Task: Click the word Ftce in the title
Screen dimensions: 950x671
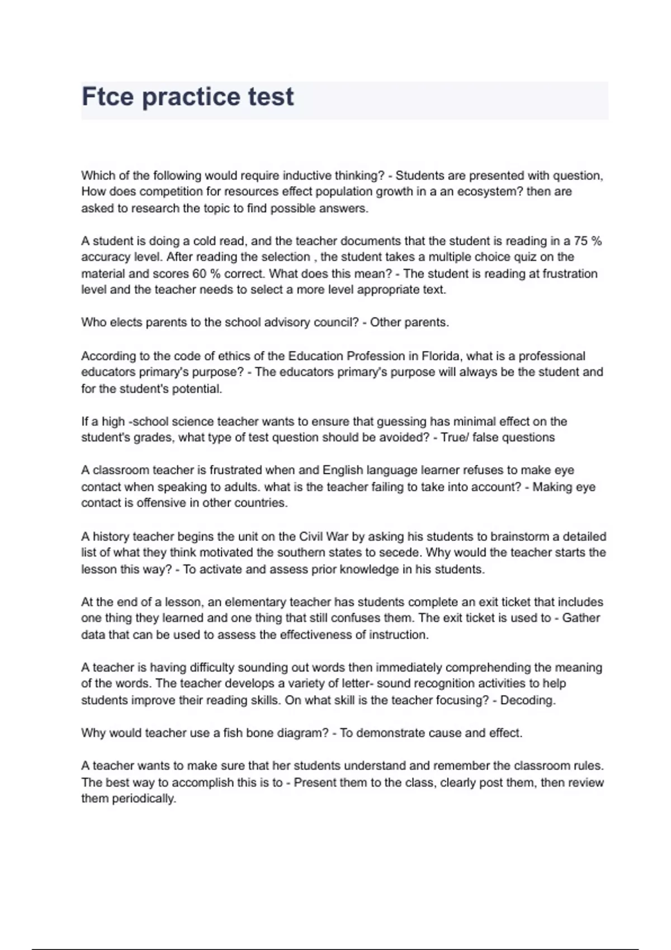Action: [108, 96]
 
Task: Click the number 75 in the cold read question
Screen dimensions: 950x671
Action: [580, 241]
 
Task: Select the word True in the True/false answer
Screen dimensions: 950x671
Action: [454, 438]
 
